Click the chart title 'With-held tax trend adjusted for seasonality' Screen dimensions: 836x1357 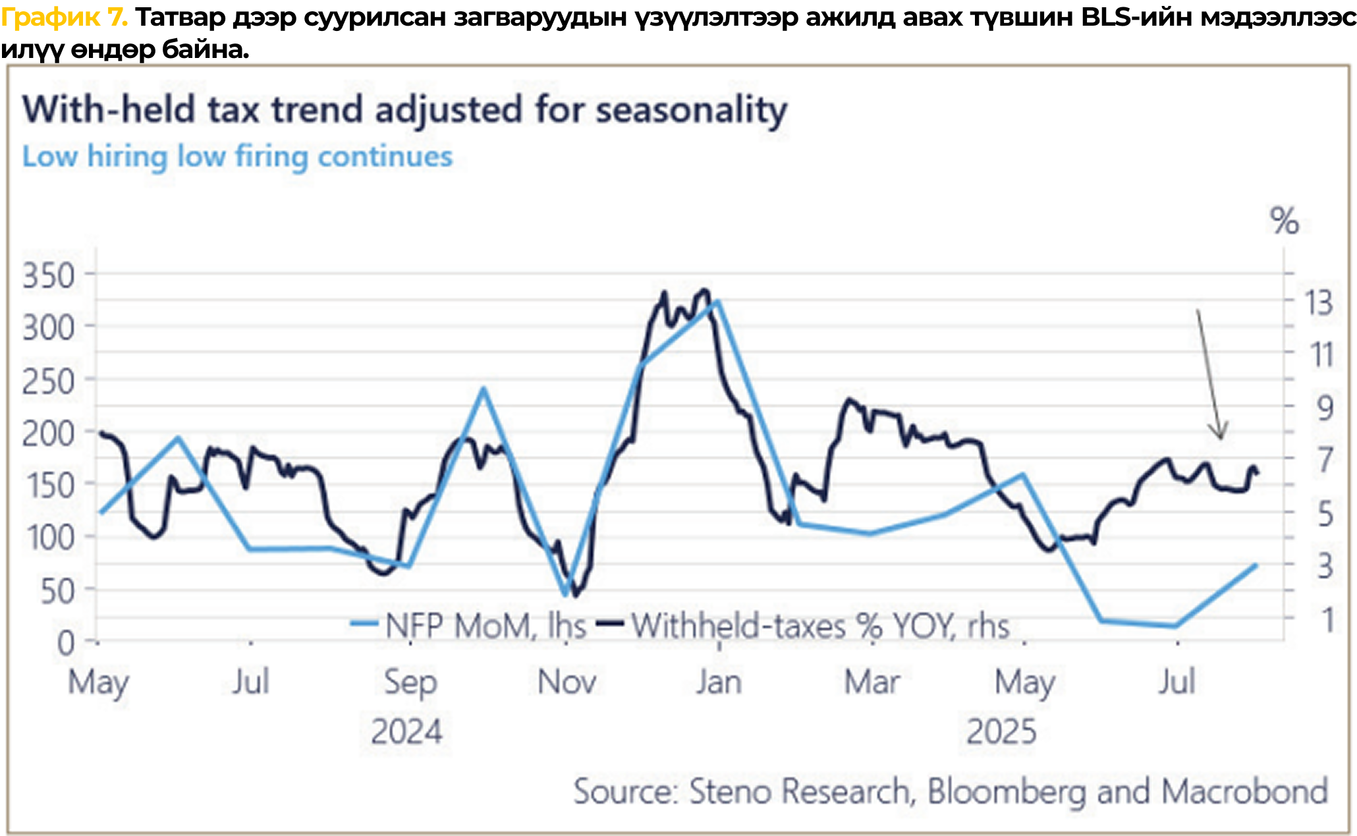coord(404,109)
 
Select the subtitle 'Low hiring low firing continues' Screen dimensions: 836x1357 coord(237,157)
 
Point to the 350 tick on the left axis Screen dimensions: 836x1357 coord(48,275)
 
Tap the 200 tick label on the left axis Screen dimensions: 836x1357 coord(48,434)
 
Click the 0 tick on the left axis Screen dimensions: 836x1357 coord(65,643)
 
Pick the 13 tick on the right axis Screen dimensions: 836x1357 coord(1319,304)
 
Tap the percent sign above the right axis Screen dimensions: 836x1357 coord(1284,221)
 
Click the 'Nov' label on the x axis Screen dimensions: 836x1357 coord(567,682)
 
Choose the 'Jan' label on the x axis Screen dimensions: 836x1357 coord(719,682)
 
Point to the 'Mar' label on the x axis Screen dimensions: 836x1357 coord(872,682)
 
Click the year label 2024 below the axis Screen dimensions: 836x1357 coord(406,732)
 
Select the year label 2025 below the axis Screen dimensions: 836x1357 coord(1001,732)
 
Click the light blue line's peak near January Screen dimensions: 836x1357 coord(717,301)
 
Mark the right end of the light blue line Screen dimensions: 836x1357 coord(1256,565)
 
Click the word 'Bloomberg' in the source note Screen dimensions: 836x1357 coord(1006,791)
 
